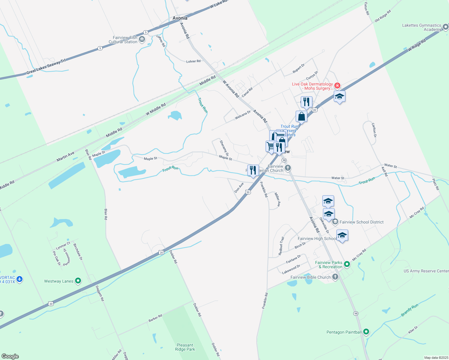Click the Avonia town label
[180, 18]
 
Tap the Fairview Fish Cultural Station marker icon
[142, 39]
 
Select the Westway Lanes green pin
[78, 281]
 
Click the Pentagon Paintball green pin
[366, 332]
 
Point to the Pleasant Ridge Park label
[185, 347]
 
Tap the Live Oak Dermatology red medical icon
[337, 86]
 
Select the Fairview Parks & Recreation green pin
[347, 264]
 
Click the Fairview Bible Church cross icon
[335, 277]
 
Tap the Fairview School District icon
[335, 222]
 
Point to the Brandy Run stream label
[409, 310]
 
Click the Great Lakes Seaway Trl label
[46, 67]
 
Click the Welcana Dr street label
[243, 115]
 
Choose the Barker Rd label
[155, 318]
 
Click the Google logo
[10, 356]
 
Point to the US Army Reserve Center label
[426, 271]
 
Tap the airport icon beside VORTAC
[20, 279]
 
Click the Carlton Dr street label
[374, 130]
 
